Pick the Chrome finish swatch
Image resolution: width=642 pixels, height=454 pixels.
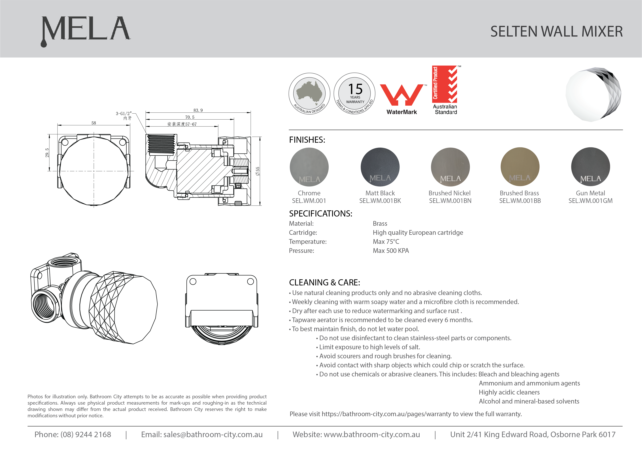309,167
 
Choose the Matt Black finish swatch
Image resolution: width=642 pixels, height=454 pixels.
380,167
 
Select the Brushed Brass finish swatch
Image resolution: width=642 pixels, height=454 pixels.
520,167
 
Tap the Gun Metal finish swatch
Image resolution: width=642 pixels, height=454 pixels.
590,167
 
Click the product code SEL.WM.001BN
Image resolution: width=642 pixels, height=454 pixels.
450,201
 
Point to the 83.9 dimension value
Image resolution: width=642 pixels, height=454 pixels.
198,110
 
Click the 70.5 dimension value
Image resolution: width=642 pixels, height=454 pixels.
190,117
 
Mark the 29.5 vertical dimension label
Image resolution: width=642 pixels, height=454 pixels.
47,153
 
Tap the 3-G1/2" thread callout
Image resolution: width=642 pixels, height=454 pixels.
124,114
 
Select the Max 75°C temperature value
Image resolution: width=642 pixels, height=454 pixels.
386,242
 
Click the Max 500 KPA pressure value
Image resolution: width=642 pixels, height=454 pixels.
391,251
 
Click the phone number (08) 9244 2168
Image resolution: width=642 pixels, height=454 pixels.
86,434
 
